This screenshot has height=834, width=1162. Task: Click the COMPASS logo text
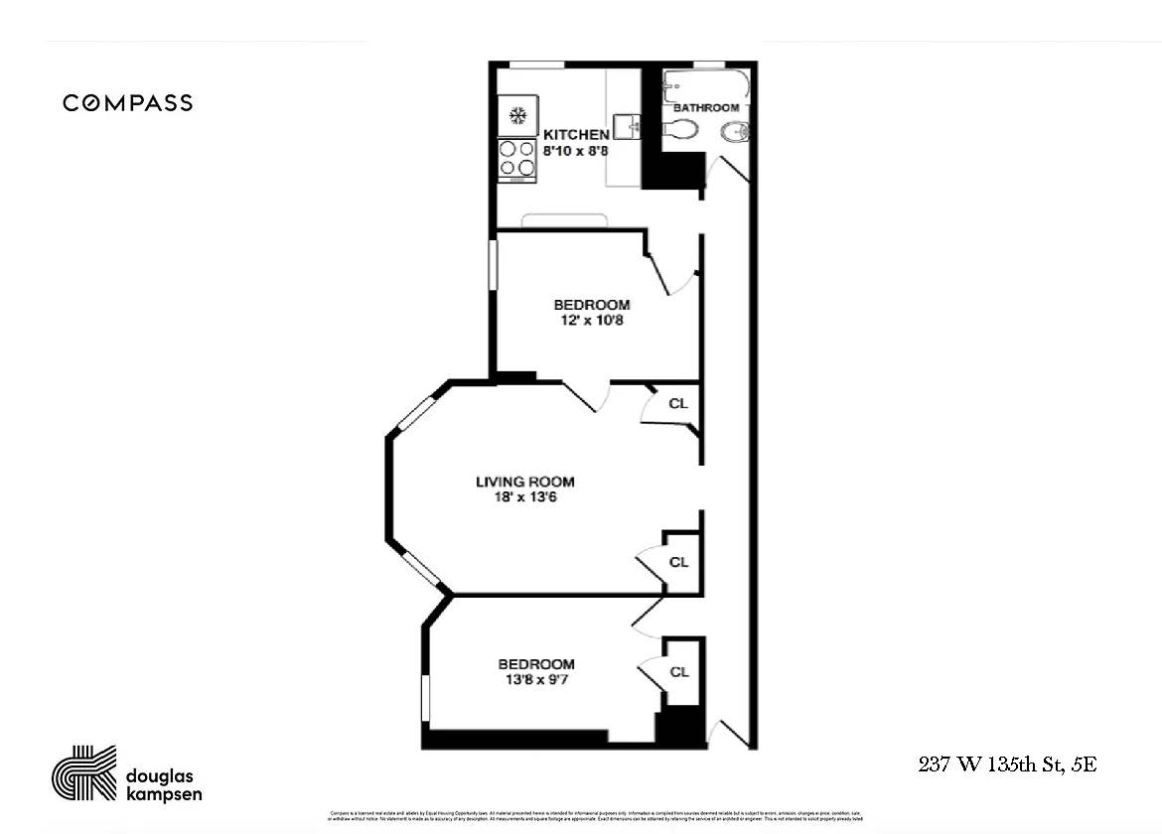point(128,103)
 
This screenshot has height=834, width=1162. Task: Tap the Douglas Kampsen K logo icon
point(83,772)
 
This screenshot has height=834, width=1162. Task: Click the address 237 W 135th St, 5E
point(1007,764)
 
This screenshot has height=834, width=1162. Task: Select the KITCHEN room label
point(575,135)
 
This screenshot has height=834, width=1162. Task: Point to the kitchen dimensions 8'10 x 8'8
point(575,151)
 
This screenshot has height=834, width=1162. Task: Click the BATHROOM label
point(706,107)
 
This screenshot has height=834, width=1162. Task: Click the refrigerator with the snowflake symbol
point(517,116)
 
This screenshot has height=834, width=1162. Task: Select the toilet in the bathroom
point(679,130)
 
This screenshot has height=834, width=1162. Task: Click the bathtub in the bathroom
point(706,84)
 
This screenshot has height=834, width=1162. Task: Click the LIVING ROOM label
point(524,483)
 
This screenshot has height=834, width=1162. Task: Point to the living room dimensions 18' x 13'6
point(524,497)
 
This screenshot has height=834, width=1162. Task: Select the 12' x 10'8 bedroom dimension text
point(592,320)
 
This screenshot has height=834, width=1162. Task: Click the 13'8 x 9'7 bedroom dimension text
point(536,680)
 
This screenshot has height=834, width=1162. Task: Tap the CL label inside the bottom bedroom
point(679,672)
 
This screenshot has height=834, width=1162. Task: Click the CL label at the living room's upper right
point(678,404)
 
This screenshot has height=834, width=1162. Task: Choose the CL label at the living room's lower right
point(678,562)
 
